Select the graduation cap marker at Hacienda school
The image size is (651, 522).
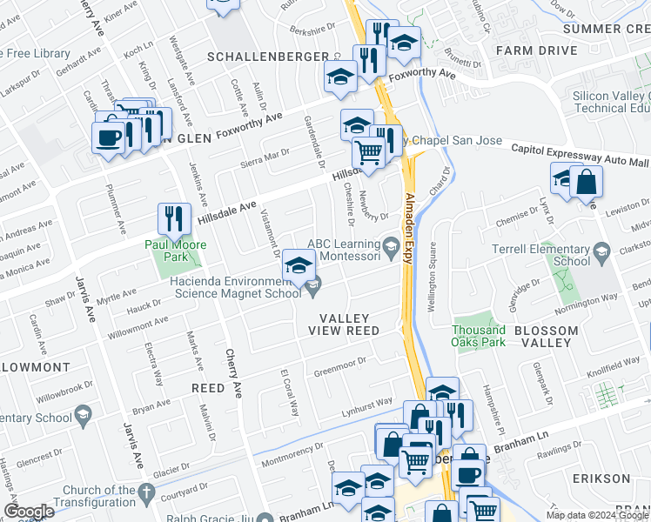point(299,265)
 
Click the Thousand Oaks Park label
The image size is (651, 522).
point(479,336)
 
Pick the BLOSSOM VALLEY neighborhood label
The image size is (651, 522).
point(546,337)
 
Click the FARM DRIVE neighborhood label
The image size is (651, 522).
point(537,50)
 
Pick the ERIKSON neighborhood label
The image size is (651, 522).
point(601,478)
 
